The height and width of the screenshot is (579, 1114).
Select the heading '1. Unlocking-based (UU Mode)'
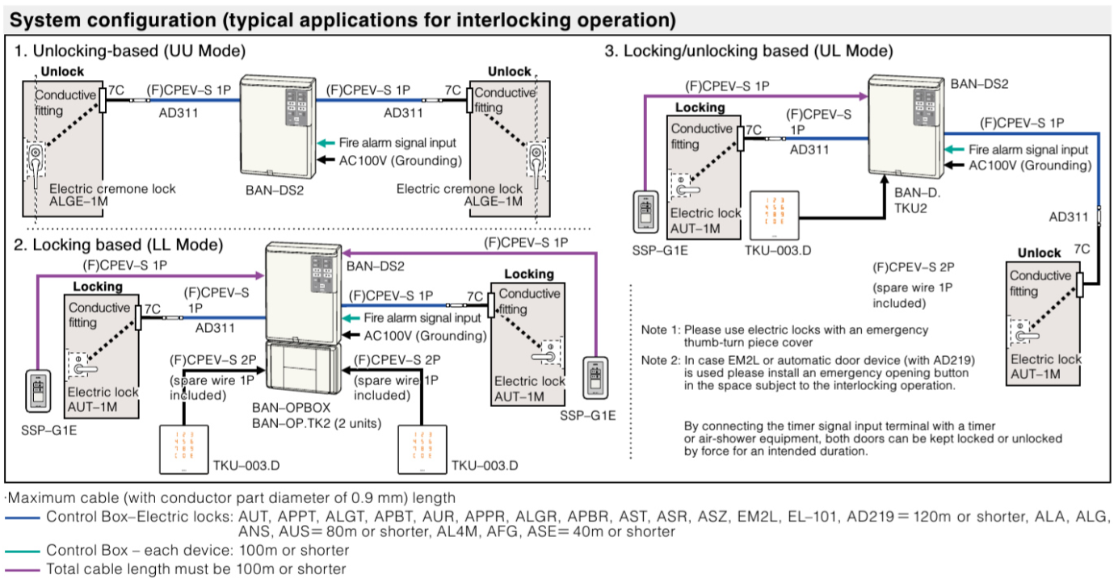(130, 51)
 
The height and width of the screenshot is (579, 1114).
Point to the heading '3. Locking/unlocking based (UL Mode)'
(749, 51)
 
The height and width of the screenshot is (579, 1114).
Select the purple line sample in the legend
(22, 569)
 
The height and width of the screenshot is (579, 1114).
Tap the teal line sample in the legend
(22, 551)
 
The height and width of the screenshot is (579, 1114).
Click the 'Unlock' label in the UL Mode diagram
(1039, 253)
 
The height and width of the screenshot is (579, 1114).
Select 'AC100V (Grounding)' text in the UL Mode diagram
(1029, 166)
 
